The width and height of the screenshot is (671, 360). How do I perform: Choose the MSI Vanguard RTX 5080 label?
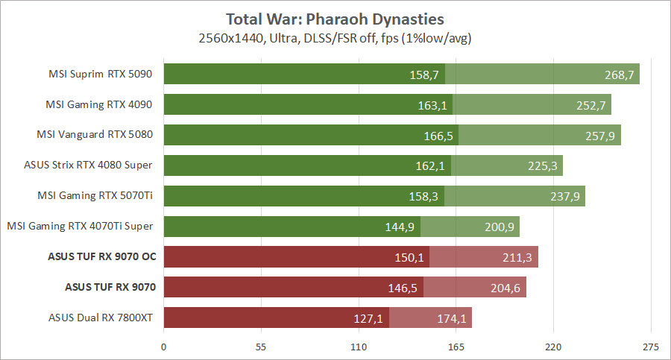(x=95, y=135)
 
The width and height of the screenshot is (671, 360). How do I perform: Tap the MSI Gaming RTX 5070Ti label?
(x=95, y=196)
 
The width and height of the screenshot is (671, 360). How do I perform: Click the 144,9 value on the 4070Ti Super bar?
(x=401, y=227)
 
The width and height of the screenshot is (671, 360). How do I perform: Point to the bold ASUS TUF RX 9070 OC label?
(x=100, y=257)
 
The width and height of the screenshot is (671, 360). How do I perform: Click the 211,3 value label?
(x=519, y=258)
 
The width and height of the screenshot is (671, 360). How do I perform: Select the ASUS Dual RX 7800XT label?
(x=101, y=318)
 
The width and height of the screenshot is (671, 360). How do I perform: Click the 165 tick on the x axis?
(x=456, y=346)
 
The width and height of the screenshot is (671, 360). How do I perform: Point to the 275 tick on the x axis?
(x=651, y=346)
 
